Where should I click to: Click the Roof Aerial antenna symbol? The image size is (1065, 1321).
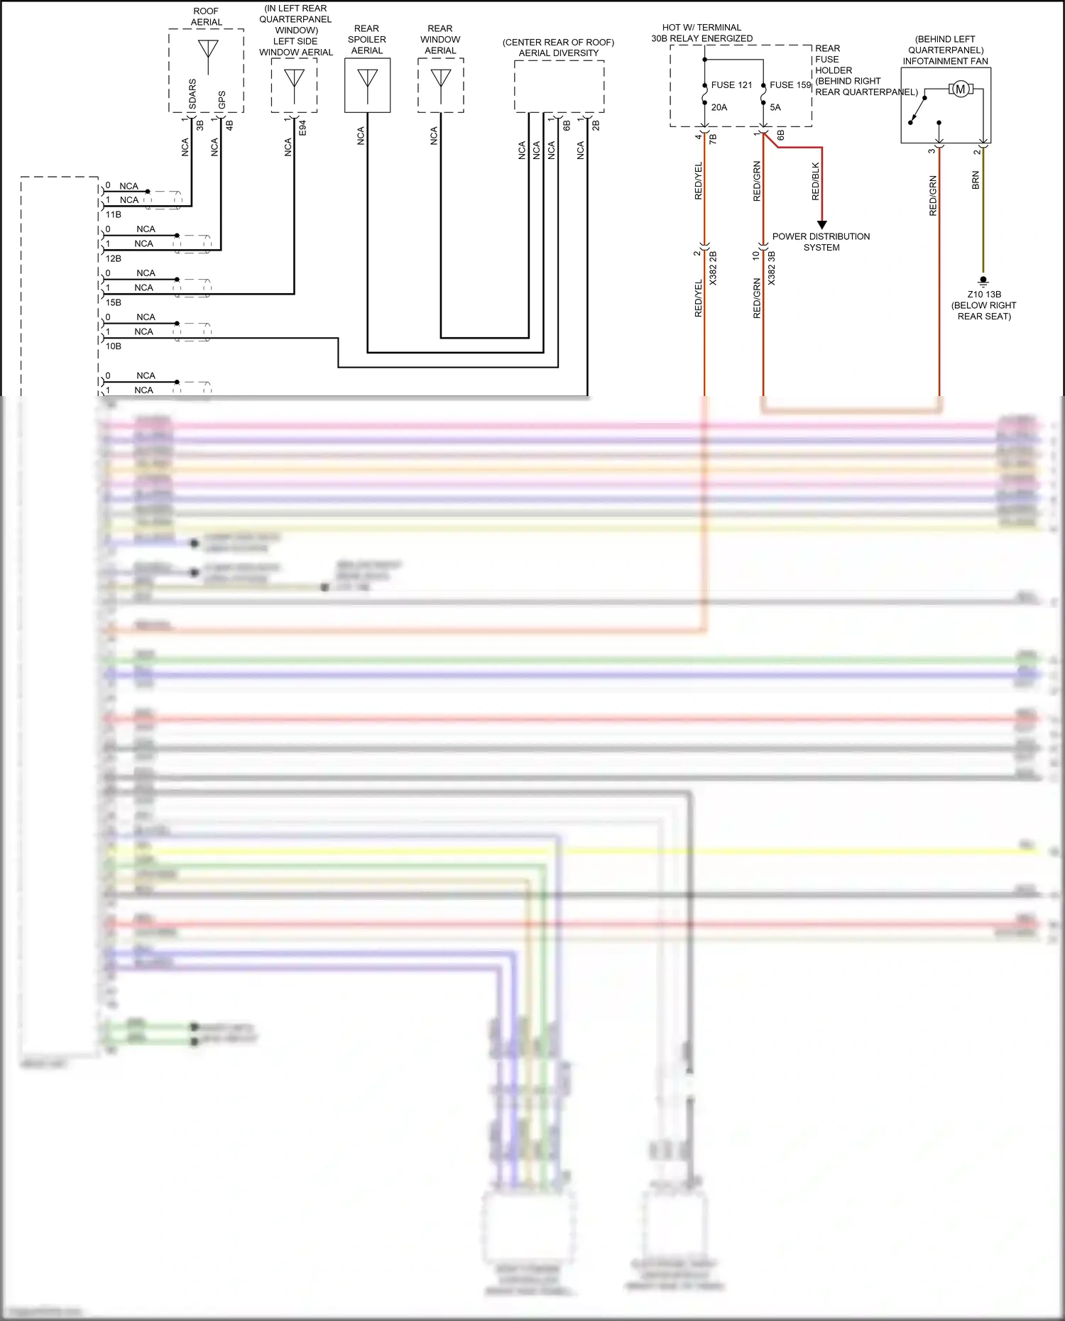point(207,52)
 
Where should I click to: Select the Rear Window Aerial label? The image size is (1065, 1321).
point(440,40)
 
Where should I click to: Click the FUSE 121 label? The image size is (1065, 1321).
point(731,85)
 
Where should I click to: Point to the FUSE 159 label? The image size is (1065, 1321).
point(790,85)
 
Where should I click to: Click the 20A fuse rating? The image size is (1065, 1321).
point(719,108)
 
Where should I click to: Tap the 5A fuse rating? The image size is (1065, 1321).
point(775,108)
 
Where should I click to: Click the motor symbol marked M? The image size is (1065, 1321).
point(961,89)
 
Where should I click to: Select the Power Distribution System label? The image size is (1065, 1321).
point(821,242)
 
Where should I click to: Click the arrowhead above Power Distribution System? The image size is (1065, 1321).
point(822,224)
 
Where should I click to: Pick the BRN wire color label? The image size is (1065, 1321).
point(976,180)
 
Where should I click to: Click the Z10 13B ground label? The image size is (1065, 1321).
point(984,295)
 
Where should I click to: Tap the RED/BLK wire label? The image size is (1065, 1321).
point(815,181)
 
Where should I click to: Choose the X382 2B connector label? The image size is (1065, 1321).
point(713,268)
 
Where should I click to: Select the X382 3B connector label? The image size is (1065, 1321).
point(772,268)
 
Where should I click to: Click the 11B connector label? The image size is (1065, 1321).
point(114,214)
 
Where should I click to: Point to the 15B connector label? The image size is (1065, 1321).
point(114,302)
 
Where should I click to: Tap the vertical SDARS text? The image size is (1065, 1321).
point(193,94)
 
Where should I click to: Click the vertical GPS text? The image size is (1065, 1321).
point(222,99)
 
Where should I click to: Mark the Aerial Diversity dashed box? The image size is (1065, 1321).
point(559,86)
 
